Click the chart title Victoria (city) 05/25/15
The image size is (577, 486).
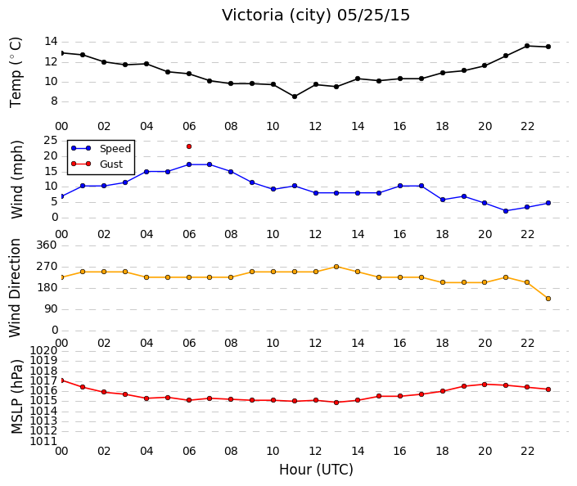(316, 16)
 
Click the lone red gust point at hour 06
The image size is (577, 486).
(189, 146)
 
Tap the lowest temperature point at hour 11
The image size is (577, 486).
(295, 97)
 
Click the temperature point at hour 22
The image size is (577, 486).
(527, 46)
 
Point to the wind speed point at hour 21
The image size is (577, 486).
(506, 211)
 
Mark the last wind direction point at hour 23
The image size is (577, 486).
(548, 299)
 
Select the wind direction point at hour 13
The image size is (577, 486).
(336, 267)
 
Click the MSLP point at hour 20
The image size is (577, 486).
(485, 385)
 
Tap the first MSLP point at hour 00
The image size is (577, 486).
(61, 380)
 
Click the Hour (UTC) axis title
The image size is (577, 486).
(316, 470)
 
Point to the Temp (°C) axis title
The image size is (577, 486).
(16, 73)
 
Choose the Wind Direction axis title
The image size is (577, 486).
(15, 288)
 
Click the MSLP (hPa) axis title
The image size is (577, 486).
(16, 397)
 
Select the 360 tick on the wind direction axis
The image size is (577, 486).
(47, 245)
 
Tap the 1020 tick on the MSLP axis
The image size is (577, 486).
(43, 350)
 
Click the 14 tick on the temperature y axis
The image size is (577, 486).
(51, 41)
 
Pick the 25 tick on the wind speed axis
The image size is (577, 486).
(51, 140)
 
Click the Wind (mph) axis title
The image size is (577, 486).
(16, 179)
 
